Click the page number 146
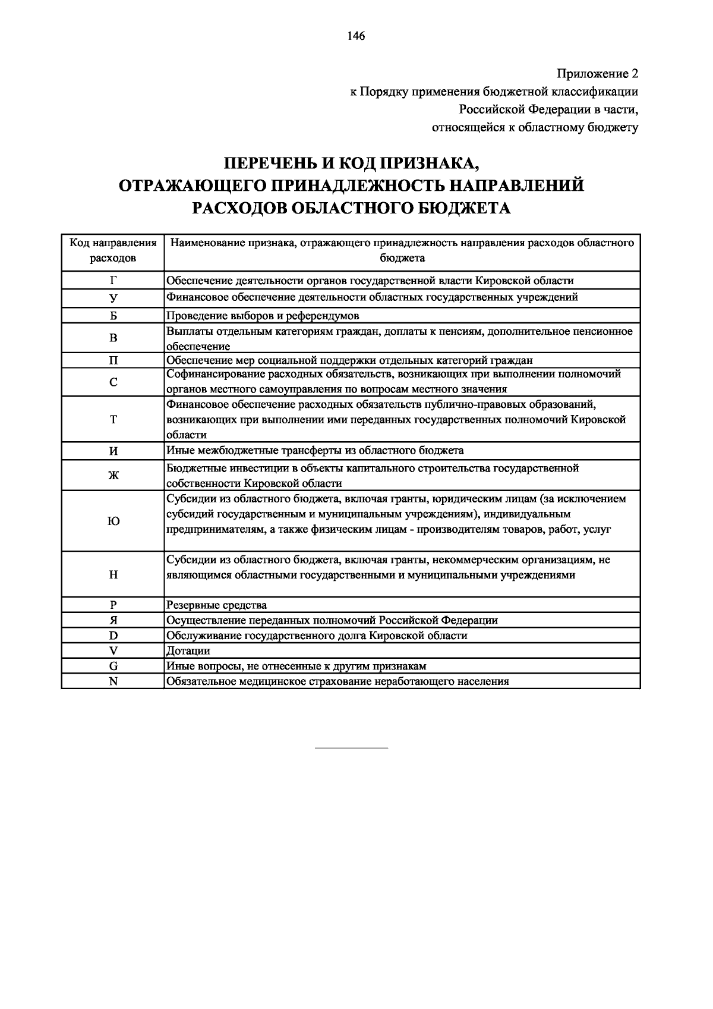point(356,36)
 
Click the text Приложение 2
point(597,74)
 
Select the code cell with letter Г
point(113,280)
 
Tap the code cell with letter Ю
point(113,521)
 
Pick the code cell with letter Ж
point(113,475)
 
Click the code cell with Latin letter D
point(113,636)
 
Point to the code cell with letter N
point(113,681)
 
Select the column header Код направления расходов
point(113,250)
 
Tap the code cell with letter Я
point(113,620)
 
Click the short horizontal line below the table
point(351,747)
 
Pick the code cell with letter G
point(113,667)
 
